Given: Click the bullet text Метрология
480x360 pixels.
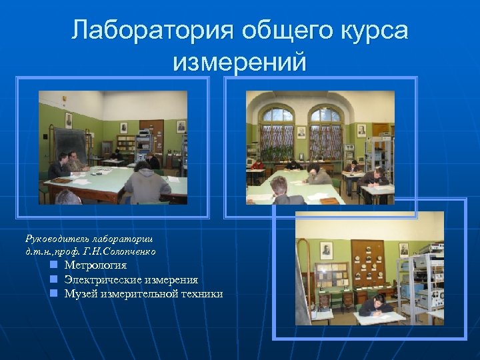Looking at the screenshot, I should point(95,265).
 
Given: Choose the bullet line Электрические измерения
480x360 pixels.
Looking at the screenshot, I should point(131,280).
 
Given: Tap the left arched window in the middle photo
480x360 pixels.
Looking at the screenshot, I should point(277,133).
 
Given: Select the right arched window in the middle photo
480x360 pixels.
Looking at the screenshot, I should point(326,133).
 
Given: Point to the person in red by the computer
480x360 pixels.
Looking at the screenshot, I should point(257,165).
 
